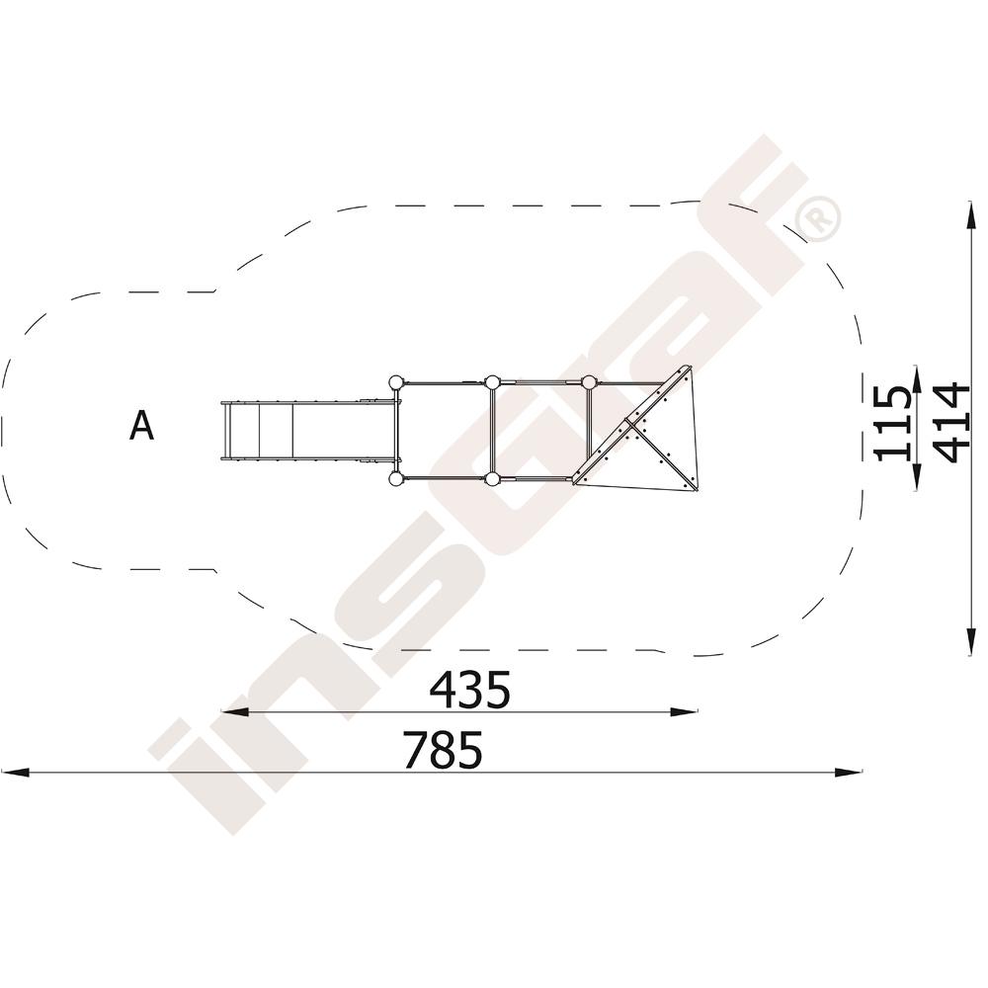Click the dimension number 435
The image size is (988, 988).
point(469,690)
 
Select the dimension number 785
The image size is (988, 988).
point(443,749)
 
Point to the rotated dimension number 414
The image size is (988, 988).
point(950,423)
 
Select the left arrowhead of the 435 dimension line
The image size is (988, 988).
point(234,712)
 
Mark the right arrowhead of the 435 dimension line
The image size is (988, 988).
point(685,712)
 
